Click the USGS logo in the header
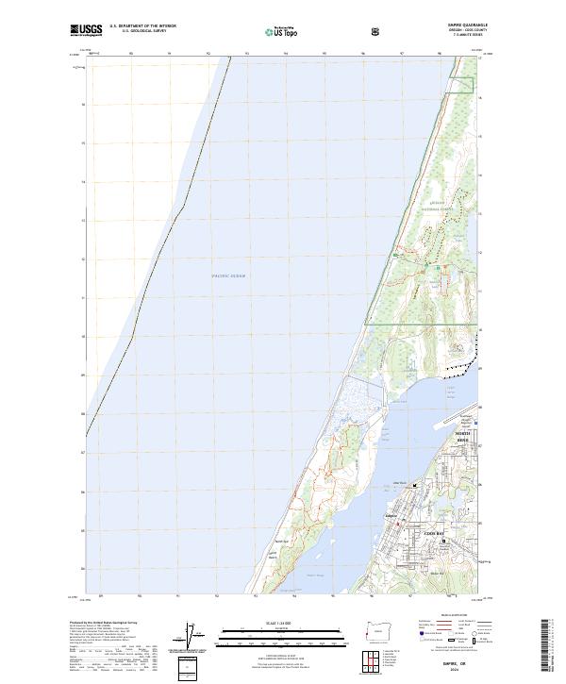[x=87, y=30]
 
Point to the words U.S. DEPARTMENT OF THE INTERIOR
[x=143, y=26]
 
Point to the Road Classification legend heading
[x=442, y=621]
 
